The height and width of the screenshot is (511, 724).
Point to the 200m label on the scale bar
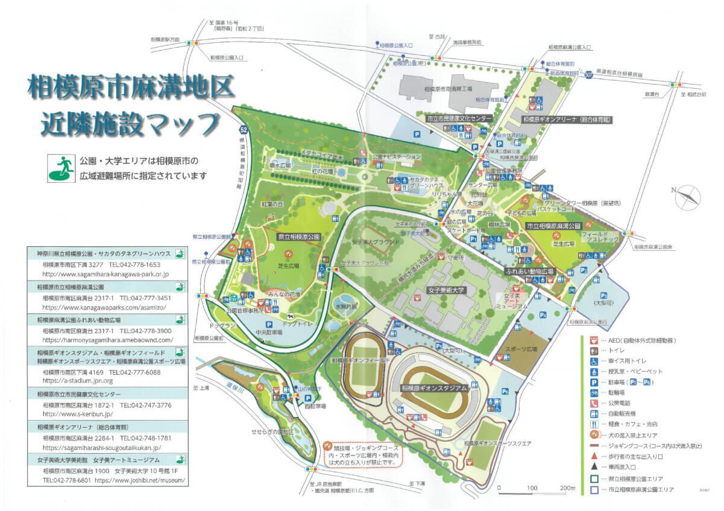[x=567, y=487]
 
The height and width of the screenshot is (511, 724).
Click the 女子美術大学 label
[x=447, y=290]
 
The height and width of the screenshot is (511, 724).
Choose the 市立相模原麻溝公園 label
[x=553, y=226]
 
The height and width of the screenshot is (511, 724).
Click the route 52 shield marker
[x=243, y=129]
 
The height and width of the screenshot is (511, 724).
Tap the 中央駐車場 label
[x=269, y=332]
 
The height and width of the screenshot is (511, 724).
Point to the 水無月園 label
[x=347, y=306]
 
